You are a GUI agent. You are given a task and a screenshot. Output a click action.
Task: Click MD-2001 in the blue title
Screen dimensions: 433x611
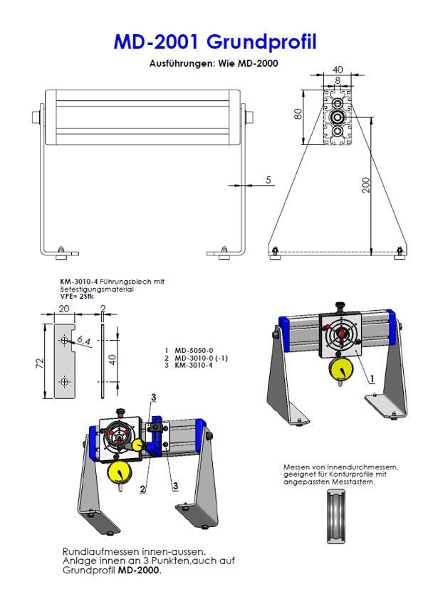click(x=156, y=42)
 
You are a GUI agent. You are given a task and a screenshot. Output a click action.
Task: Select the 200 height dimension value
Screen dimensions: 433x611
click(x=366, y=185)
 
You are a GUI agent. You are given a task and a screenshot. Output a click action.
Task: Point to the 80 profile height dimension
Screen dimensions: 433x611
click(x=298, y=114)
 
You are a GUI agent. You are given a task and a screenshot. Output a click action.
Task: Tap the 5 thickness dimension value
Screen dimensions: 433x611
click(x=268, y=180)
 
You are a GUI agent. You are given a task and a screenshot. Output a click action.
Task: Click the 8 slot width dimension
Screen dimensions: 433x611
click(x=338, y=80)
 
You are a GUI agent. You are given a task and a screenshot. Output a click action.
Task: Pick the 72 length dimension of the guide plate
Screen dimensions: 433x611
click(x=39, y=363)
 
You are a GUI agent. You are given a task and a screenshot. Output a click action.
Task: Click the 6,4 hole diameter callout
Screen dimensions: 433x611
click(x=83, y=340)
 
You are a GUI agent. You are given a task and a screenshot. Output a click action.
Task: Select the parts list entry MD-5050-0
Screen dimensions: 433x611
click(x=194, y=351)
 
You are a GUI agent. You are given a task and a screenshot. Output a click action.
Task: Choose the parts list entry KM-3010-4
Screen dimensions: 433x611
click(x=194, y=365)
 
